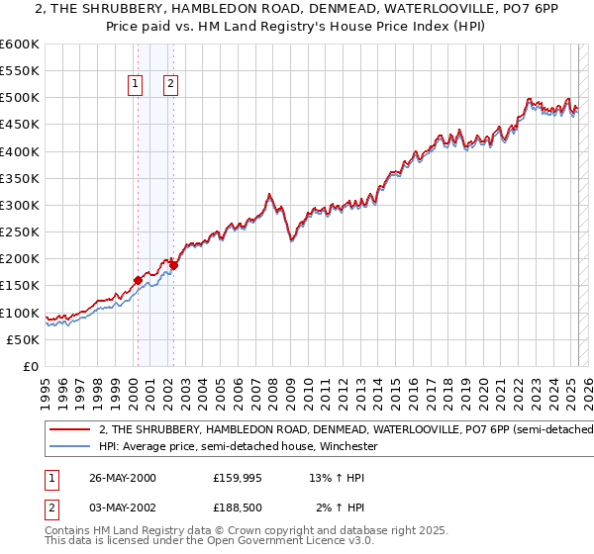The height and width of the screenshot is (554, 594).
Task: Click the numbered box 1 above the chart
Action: (134, 85)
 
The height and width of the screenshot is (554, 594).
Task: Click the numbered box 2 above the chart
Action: (171, 85)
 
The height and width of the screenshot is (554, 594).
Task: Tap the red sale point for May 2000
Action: (138, 280)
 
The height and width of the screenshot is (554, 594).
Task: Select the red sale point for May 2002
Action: (173, 264)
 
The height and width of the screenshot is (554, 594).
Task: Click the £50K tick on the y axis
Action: (23, 339)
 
